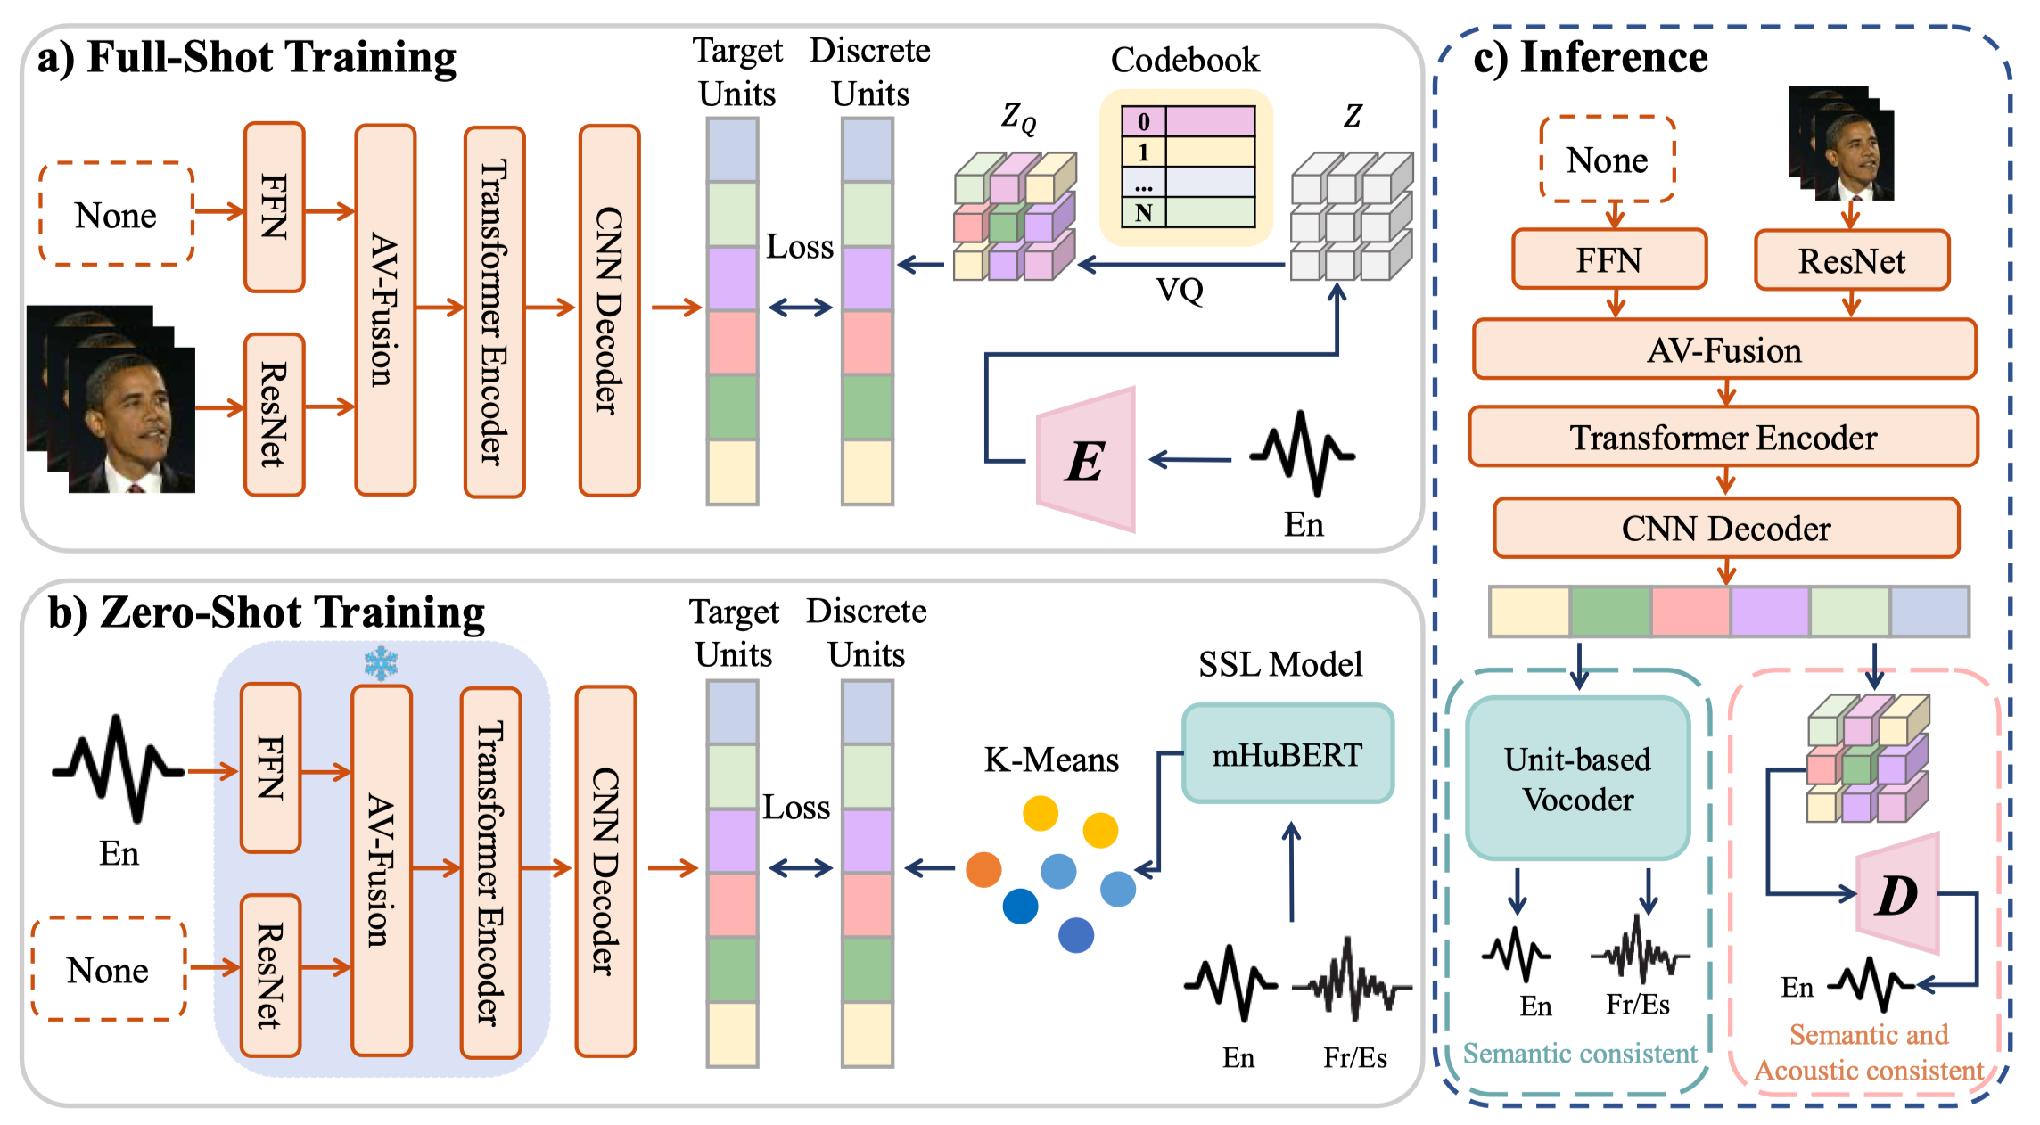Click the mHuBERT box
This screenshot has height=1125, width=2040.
pos(1287,754)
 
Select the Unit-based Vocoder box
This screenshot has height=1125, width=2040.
pos(1577,778)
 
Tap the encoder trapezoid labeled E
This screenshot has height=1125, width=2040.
pos(1087,460)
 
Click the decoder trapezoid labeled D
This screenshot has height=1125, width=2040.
pos(1898,894)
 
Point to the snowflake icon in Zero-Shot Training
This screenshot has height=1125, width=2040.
pos(381,663)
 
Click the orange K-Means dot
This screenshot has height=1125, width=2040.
pos(983,869)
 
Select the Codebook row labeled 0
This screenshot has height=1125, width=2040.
pos(1188,121)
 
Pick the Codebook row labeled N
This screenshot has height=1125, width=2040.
pos(1188,213)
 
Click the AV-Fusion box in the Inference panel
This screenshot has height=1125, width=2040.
pos(1723,349)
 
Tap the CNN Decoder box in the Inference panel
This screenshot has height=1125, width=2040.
pos(1725,529)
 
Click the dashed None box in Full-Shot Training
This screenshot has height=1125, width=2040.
pos(116,214)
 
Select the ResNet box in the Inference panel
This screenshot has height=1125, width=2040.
pos(1851,260)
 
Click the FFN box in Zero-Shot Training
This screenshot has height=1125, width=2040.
pos(270,768)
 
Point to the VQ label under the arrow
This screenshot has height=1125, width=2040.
pos(1179,290)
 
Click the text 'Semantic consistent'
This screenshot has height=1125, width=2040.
pos(1579,1054)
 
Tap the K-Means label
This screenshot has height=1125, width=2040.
pos(1051,760)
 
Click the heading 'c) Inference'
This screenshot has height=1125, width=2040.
pos(1590,57)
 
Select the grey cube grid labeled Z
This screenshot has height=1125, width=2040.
pos(1351,216)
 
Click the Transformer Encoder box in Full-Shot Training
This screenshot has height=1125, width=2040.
pos(494,312)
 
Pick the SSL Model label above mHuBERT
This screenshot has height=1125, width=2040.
pos(1279,664)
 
